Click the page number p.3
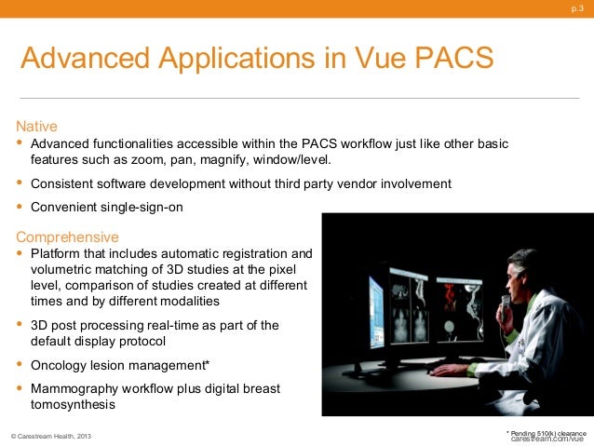(x=576, y=9)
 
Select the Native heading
(x=35, y=125)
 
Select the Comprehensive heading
(x=67, y=236)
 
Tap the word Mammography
(x=77, y=387)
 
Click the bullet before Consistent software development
(x=20, y=183)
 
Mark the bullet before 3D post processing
(x=20, y=324)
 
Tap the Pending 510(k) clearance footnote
(x=547, y=432)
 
